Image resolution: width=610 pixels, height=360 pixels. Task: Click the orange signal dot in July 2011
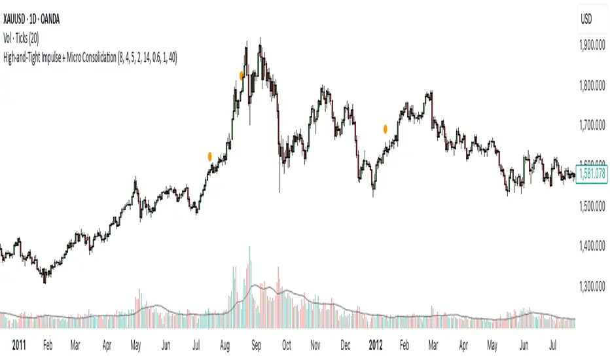click(x=209, y=156)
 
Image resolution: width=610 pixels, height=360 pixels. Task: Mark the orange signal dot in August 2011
click(x=242, y=76)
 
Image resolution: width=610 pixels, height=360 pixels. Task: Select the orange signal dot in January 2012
click(x=386, y=129)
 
